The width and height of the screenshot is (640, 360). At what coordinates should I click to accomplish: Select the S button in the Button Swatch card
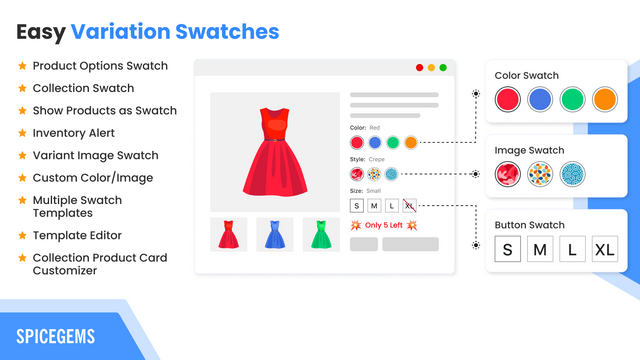click(507, 250)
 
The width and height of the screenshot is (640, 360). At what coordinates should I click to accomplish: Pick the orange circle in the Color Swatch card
click(605, 99)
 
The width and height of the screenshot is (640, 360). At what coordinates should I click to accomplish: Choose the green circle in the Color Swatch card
click(572, 99)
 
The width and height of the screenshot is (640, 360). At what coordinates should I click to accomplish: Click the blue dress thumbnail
click(275, 234)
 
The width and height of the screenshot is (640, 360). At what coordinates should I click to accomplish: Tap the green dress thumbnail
click(321, 234)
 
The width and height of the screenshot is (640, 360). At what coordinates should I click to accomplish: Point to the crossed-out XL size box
click(410, 205)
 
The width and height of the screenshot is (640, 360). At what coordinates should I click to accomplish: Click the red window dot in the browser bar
click(419, 68)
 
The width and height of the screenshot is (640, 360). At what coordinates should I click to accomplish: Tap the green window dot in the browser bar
click(443, 68)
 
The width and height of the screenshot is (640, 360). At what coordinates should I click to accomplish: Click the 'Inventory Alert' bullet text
click(74, 133)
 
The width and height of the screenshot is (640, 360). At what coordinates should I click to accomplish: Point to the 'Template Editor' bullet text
click(77, 235)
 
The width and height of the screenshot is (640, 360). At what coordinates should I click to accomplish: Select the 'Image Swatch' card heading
click(529, 151)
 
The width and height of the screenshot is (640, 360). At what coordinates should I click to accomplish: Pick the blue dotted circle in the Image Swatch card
click(573, 175)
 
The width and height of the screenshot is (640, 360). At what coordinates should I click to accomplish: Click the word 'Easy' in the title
click(41, 31)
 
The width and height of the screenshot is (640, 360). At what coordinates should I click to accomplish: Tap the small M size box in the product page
click(374, 205)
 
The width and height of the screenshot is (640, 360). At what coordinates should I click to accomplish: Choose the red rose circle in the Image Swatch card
click(509, 175)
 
